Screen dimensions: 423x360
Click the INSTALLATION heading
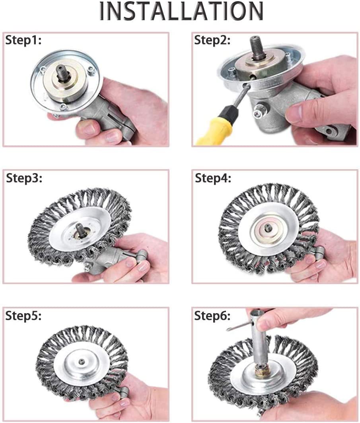click(x=181, y=12)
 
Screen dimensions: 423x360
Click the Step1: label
click(x=23, y=41)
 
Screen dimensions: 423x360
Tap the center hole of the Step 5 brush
click(x=82, y=361)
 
